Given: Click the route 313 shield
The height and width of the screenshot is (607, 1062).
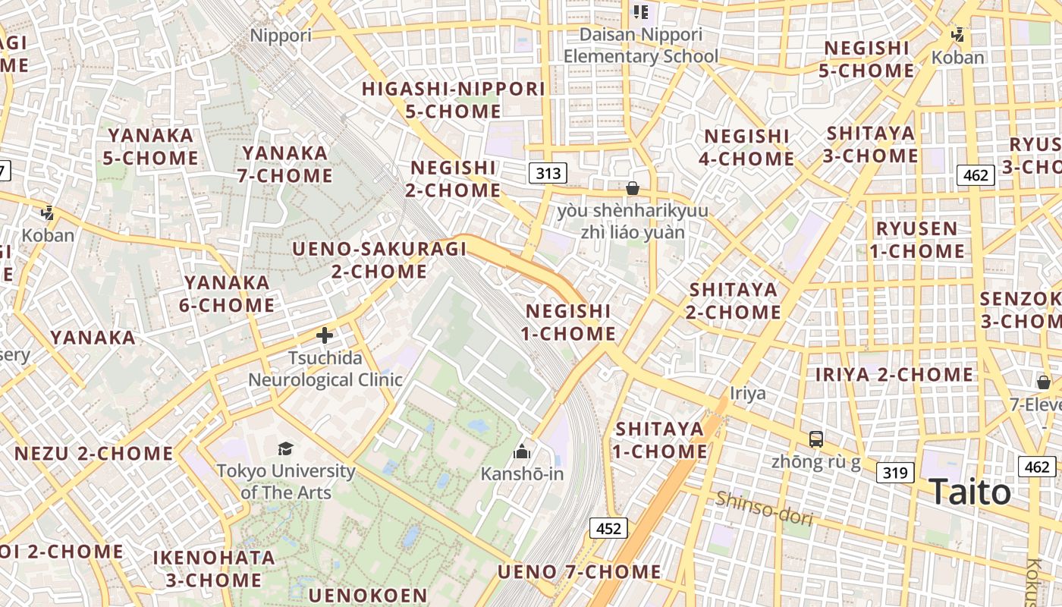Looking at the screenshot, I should click(x=548, y=174).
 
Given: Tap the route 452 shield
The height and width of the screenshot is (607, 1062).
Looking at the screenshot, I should click(x=608, y=528).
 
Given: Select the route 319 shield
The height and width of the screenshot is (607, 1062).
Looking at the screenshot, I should click(x=894, y=473).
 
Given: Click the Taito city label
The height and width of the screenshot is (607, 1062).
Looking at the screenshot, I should click(x=969, y=492).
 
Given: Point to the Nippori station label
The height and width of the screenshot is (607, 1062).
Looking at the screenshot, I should click(x=281, y=36).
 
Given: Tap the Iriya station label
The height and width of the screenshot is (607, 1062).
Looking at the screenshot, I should click(x=748, y=393).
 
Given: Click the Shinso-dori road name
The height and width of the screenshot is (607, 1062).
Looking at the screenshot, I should click(x=764, y=508).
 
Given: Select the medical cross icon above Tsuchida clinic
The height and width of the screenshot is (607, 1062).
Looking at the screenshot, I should click(x=325, y=335).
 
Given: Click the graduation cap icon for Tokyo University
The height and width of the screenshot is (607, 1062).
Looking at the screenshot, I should click(x=286, y=448).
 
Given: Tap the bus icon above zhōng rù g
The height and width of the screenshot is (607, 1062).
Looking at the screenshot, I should click(x=815, y=439).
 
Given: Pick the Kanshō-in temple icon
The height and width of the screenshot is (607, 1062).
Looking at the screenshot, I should click(x=521, y=452).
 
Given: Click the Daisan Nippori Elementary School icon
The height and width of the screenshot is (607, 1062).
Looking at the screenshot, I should click(x=641, y=12).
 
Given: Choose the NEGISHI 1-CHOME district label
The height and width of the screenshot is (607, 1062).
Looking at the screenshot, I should click(x=569, y=322).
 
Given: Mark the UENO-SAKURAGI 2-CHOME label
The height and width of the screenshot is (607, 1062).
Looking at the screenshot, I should click(x=369, y=260).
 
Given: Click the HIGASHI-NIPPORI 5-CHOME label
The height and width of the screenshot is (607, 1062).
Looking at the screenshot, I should click(x=454, y=100).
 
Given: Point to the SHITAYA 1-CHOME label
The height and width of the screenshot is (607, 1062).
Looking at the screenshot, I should click(x=660, y=440).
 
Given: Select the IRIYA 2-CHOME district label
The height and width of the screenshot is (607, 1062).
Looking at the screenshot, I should click(x=894, y=374).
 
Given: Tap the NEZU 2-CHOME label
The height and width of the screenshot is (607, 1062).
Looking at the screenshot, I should click(x=94, y=454).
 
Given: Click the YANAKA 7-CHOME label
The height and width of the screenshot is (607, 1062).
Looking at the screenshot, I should click(x=286, y=164).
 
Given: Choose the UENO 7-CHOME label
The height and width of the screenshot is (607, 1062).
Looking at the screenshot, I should click(x=579, y=571).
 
